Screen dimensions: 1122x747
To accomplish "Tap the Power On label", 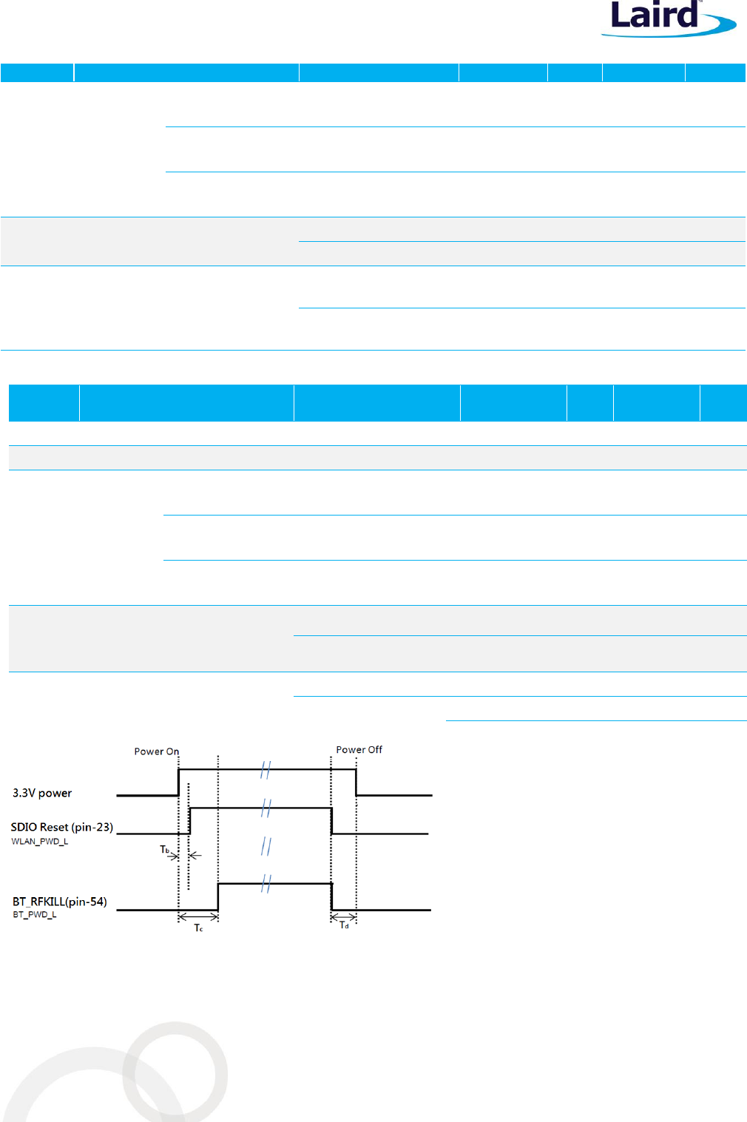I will (156, 751).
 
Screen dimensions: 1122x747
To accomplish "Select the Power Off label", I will (359, 750).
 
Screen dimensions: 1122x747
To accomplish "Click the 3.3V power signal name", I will (42, 794).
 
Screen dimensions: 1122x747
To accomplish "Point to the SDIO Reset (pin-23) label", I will (61, 828).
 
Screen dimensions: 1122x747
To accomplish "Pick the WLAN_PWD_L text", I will (40, 842).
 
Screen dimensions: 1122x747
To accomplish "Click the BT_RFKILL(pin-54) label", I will (59, 902).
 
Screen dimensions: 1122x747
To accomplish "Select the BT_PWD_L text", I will (35, 915).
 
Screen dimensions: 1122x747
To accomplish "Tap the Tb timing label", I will (165, 850).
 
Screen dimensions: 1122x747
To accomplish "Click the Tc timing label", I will (198, 927).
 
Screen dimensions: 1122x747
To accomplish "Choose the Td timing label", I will (344, 925).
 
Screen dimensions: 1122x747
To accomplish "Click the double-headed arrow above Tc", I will (198, 917).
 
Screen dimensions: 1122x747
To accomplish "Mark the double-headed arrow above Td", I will (343, 918).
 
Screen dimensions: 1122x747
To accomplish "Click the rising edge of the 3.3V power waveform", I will (179, 783).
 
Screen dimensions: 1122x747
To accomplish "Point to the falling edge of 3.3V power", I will (356, 783).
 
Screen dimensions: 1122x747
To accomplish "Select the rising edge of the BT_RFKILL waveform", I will (218, 896).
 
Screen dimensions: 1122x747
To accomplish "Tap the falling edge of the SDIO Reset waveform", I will (331, 821).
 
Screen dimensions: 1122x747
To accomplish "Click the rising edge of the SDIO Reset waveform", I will (190, 821).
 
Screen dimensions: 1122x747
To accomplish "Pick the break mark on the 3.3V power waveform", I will (266, 770).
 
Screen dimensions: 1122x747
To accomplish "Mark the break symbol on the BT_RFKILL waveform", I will (266, 883).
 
